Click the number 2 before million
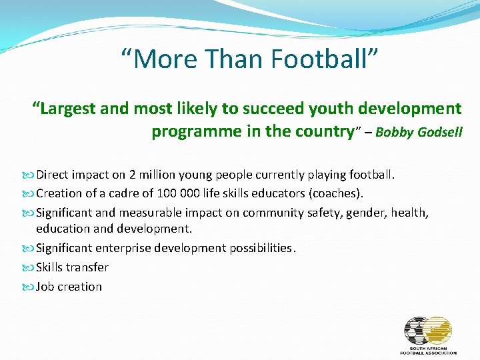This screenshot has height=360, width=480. pyautogui.click(x=133, y=175)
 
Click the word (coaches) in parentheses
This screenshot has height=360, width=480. pyautogui.click(x=337, y=194)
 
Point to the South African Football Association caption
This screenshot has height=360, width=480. pyautogui.click(x=428, y=350)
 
